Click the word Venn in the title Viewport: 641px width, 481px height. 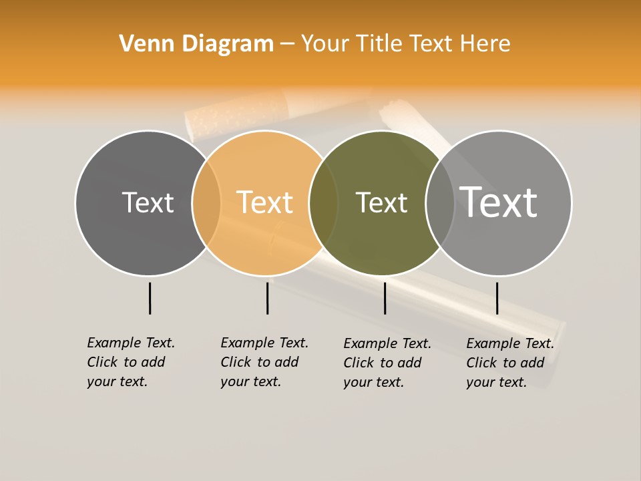[x=141, y=44]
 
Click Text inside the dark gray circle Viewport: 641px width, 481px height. [x=148, y=202]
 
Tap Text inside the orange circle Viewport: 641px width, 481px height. [x=264, y=202]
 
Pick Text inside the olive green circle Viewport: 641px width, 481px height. [x=381, y=202]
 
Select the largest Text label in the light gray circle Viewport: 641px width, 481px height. [x=499, y=202]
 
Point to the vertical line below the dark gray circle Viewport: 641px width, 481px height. [x=150, y=298]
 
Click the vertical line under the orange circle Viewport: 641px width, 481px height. [x=267, y=298]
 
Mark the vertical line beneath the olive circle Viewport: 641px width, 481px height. [x=385, y=298]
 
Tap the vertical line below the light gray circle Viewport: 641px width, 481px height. [x=497, y=298]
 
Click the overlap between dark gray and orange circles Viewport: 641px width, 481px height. [x=206, y=203]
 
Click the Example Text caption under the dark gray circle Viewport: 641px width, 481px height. [x=130, y=362]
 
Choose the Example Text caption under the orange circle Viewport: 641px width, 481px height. [x=264, y=362]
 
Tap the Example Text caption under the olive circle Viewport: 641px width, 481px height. [x=387, y=363]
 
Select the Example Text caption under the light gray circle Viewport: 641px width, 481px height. [x=509, y=363]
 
